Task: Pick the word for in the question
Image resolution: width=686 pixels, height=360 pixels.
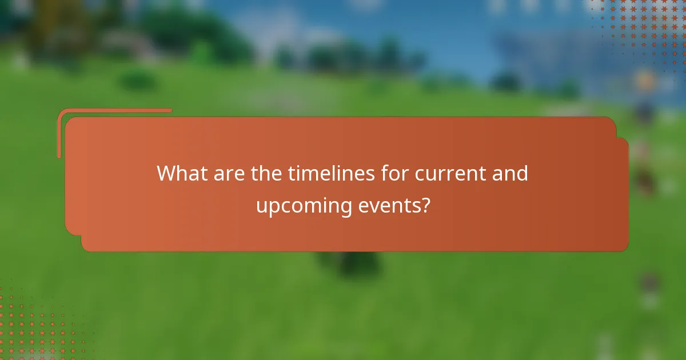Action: [395, 173]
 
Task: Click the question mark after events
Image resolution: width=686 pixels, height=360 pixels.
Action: [425, 205]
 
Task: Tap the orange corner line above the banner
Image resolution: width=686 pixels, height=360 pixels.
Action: [114, 110]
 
